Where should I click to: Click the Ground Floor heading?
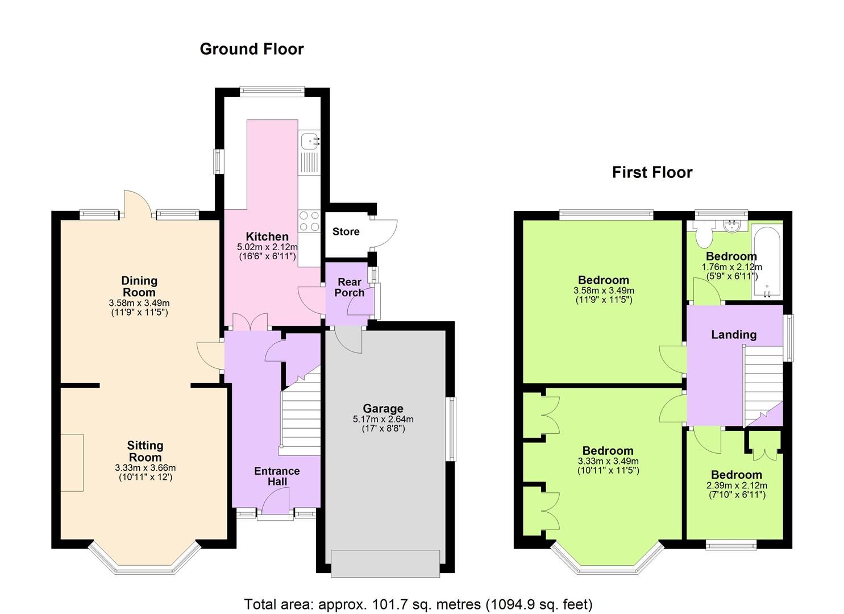251,49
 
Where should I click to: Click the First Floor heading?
652,172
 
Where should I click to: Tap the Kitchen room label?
267,237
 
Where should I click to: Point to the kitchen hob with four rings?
309,221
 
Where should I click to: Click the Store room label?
346,232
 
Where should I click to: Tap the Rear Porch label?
349,287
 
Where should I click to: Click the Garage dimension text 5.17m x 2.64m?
383,419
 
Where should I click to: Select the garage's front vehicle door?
385,563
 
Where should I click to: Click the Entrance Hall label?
277,476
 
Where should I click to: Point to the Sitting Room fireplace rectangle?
72,462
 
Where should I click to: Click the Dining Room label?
139,286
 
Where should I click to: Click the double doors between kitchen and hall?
250,322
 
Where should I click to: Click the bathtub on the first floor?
767,262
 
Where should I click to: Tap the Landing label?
734,334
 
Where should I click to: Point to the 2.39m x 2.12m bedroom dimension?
737,486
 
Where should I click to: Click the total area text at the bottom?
418,604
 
